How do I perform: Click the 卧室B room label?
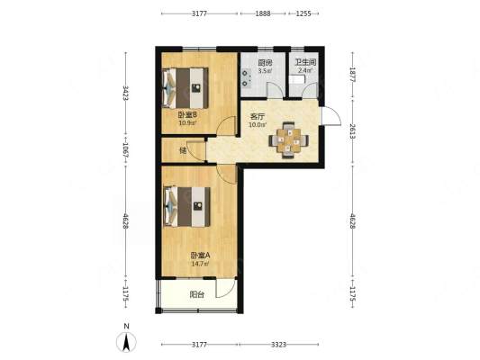click(x=187, y=115)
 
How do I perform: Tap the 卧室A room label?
click(x=200, y=256)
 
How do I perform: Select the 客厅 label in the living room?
click(x=258, y=116)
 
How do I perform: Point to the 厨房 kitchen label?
click(x=265, y=63)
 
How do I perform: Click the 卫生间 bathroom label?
click(x=305, y=62)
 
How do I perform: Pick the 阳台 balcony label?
click(x=197, y=295)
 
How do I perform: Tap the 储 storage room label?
click(x=183, y=150)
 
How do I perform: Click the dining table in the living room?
click(x=289, y=140)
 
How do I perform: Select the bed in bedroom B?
click(x=186, y=88)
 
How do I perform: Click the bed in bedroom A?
click(x=187, y=207)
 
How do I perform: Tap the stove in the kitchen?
click(x=246, y=78)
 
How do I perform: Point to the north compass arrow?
click(x=126, y=342)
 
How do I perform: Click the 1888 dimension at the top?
click(x=263, y=13)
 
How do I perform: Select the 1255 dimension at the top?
click(x=303, y=13)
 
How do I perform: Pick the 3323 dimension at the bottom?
click(x=278, y=345)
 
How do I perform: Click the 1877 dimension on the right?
click(x=352, y=75)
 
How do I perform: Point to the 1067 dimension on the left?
click(x=125, y=150)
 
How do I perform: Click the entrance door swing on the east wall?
click(x=331, y=115)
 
